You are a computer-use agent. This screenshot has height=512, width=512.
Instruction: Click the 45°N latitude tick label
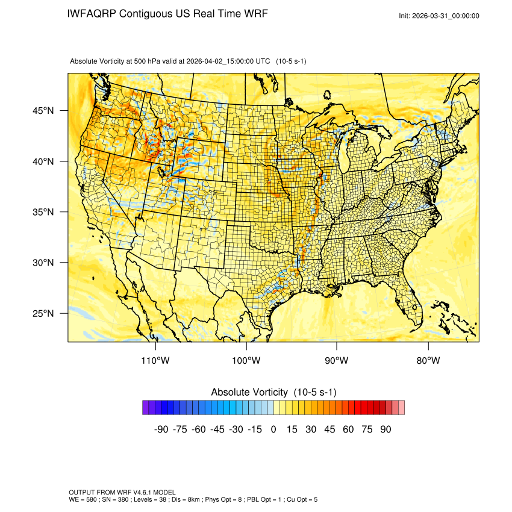43,111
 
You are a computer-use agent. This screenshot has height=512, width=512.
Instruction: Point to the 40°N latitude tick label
43,161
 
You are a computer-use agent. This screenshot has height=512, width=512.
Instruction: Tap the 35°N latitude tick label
43,212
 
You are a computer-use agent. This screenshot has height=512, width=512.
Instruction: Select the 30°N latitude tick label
43,263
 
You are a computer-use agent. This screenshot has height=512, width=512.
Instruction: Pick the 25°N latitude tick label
43,313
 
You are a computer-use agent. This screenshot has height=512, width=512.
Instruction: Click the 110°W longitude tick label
156,361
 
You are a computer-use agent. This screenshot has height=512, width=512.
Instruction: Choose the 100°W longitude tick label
246,361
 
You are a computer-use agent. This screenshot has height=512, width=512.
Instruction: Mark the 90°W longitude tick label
337,361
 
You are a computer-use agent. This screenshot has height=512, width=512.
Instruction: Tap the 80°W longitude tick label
428,361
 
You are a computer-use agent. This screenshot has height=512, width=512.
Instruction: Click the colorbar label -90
161,429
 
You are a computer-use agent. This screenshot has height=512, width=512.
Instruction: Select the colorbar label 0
273,429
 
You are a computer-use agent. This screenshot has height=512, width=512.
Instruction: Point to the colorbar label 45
329,429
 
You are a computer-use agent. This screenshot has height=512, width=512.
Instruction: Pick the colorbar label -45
217,429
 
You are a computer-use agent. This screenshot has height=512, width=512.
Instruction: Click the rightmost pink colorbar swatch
401,408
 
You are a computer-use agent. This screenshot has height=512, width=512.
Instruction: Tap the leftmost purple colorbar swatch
146,408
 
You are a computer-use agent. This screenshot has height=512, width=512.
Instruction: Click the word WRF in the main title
255,14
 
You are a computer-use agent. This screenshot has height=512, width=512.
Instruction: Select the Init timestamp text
439,16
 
